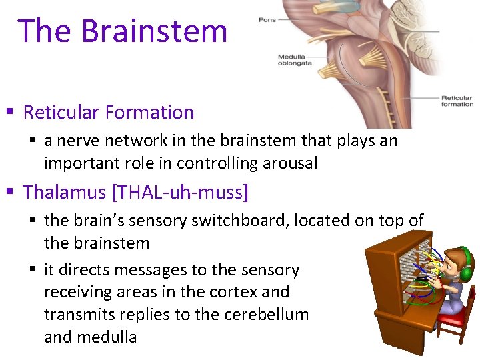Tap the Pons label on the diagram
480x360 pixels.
click(x=267, y=20)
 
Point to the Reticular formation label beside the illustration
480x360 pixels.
click(x=457, y=101)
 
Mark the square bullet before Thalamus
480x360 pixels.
click(x=9, y=193)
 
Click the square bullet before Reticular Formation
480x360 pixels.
click(x=9, y=113)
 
